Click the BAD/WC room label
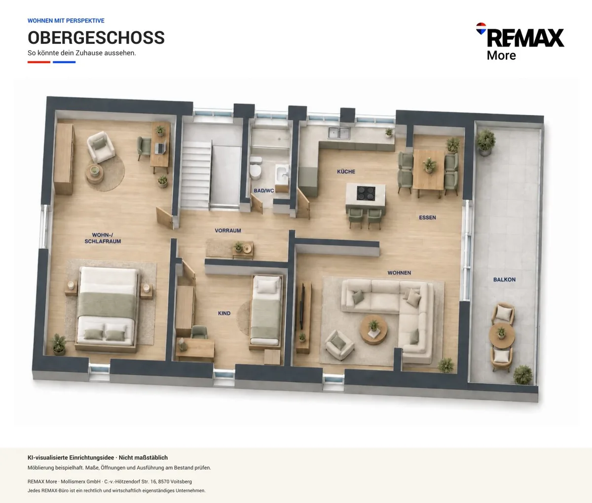point(264,191)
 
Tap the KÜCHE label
point(346,172)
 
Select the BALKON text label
point(504,280)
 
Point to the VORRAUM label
point(228,230)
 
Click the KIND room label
point(224,314)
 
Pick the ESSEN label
point(427,217)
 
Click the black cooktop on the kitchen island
point(366,193)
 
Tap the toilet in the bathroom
point(255,168)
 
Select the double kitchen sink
point(339,133)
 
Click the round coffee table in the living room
point(373,330)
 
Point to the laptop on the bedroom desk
point(160,148)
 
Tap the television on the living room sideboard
point(301,306)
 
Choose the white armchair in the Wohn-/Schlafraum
point(101,147)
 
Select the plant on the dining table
point(429,165)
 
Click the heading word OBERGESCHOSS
point(96,37)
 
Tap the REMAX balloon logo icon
point(481,29)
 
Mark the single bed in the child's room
point(266,311)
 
